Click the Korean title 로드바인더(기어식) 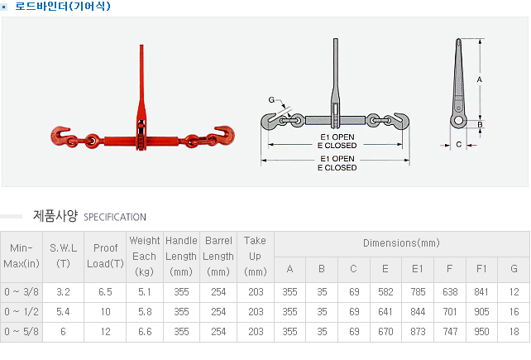tap(63, 6)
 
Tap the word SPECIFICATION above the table tap(115, 217)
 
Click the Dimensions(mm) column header tap(401, 243)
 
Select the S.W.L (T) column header tap(64, 256)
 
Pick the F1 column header tap(481, 269)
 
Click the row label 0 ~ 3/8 tap(22, 292)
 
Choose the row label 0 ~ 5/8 tap(22, 332)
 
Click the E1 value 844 tap(418, 312)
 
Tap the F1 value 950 tap(481, 332)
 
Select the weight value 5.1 tap(145, 292)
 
